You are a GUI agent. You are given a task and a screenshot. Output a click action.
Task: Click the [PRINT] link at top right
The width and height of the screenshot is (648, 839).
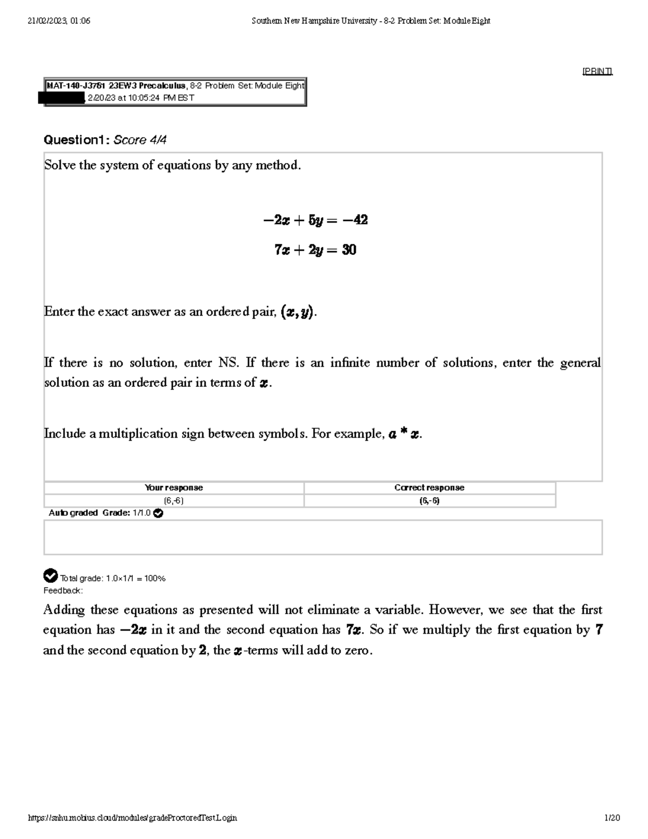click(x=597, y=71)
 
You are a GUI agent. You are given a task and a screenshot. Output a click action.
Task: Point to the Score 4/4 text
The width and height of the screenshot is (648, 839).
click(x=140, y=140)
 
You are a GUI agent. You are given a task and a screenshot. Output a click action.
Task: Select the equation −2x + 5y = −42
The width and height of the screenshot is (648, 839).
click(x=315, y=220)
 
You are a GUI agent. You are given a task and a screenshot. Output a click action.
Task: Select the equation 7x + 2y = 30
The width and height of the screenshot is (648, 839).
click(x=315, y=250)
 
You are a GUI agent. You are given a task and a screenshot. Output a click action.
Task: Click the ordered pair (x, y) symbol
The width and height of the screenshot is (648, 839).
click(x=297, y=312)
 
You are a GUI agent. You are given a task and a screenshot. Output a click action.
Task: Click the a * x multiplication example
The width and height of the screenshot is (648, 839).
click(x=404, y=434)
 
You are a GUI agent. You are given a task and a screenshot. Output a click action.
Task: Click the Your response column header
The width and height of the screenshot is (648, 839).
click(x=174, y=487)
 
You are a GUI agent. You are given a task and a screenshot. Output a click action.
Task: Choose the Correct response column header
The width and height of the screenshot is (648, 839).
click(x=429, y=487)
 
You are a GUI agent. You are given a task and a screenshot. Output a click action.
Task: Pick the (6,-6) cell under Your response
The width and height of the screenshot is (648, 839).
click(x=174, y=501)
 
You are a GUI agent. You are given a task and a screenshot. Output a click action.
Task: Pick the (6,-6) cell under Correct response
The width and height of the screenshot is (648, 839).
click(x=429, y=501)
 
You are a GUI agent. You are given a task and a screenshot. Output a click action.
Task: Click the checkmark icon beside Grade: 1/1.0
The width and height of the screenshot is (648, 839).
click(x=158, y=513)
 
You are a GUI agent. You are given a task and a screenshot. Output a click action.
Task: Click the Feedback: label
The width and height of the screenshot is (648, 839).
click(x=63, y=590)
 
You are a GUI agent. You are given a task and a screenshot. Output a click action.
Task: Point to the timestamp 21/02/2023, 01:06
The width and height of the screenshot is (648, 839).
click(x=59, y=21)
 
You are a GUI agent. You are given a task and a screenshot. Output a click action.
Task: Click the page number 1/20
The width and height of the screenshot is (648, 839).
click(x=612, y=818)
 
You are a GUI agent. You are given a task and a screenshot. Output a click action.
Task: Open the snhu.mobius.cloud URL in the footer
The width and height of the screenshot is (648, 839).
click(x=132, y=818)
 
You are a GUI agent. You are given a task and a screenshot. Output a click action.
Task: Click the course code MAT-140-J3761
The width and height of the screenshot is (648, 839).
click(x=76, y=86)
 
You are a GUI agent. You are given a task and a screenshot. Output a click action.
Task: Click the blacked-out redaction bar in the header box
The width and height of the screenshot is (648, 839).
click(x=62, y=98)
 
